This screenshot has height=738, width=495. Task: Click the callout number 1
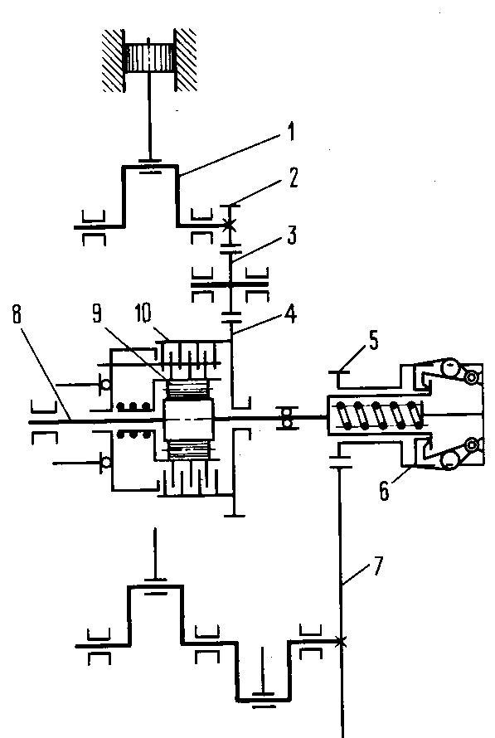point(291,132)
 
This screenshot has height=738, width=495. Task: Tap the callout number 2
point(293,178)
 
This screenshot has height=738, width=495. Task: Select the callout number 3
point(292,235)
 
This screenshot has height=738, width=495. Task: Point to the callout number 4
point(292,314)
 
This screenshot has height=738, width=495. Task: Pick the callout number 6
point(385,491)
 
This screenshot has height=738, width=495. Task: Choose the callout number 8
point(17,314)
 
